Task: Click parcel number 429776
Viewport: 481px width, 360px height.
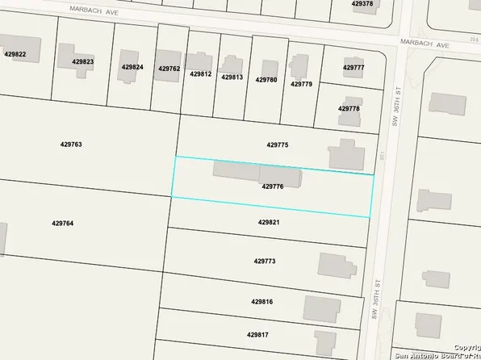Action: coord(273,186)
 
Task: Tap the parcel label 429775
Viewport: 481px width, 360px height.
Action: coord(277,145)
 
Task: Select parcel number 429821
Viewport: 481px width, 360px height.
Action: coord(269,222)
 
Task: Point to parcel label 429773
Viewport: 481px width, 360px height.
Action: coord(265,262)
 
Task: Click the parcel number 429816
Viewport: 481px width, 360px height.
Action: coord(261,302)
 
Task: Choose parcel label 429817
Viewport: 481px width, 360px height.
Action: coord(257,334)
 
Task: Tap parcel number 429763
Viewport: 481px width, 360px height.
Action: coord(71,144)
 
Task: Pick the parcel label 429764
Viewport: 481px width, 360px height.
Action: coord(62,224)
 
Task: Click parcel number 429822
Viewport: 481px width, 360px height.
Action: coord(15,54)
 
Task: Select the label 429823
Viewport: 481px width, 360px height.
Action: coord(82,62)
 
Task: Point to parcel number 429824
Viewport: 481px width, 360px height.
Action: coord(132,67)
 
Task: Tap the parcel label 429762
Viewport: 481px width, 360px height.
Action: coord(169,69)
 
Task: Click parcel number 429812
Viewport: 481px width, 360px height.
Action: coord(201,74)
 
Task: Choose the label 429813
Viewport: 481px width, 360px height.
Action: coord(232,77)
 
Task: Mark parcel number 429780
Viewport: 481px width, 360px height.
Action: coord(266,80)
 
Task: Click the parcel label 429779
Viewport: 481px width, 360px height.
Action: coord(301,84)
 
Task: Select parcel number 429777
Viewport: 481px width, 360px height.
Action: coord(353,68)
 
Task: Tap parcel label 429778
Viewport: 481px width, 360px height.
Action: coord(349,108)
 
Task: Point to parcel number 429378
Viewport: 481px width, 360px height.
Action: coord(362,4)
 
